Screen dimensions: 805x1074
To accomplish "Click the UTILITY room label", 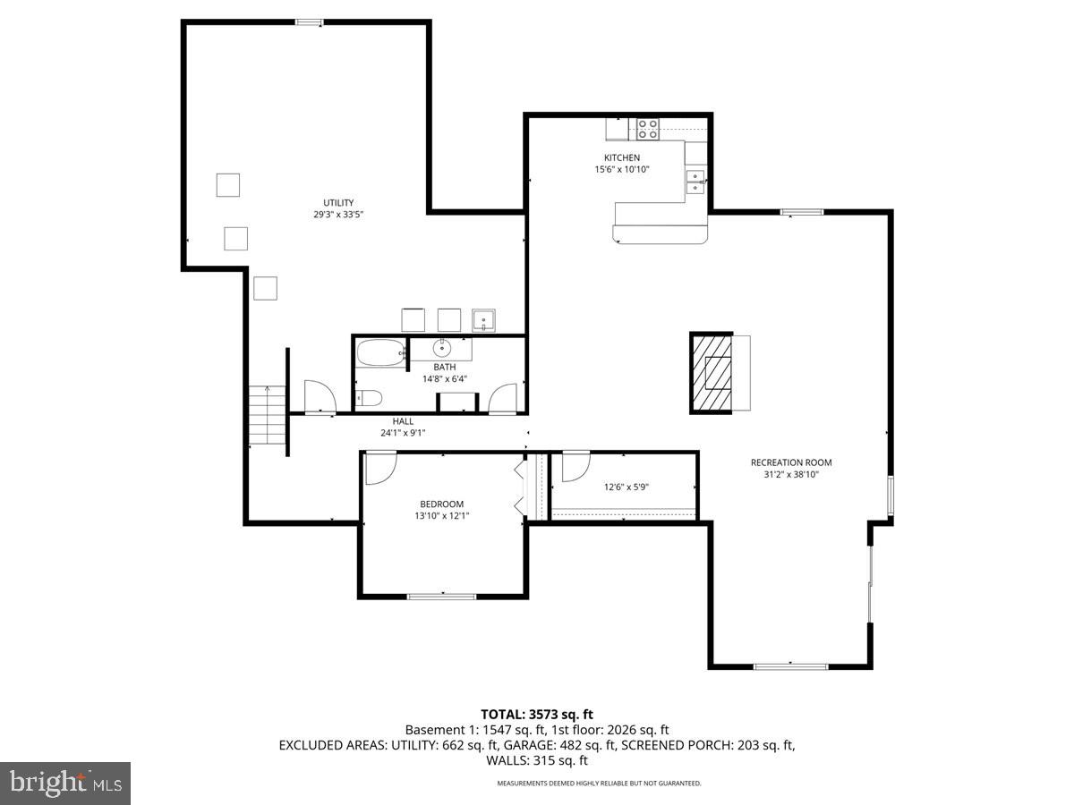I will point(338,202).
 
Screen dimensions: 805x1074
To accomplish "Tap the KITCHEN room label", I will point(621,157).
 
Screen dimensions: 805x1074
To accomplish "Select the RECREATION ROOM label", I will point(790,462).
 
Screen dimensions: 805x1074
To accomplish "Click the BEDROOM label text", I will point(442,504).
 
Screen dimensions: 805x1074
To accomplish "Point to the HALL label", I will point(402,421).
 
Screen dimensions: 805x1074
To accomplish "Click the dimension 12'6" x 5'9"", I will point(626,487).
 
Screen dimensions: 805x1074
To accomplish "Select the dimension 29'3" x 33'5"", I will point(337,215).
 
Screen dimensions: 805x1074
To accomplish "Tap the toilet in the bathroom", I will point(369,398).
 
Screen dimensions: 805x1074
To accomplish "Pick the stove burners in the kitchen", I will point(647,130).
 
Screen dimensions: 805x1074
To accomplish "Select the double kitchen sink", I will point(695,182).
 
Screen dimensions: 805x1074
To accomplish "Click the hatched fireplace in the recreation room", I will point(712,372).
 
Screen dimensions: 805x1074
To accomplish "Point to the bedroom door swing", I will point(379,468).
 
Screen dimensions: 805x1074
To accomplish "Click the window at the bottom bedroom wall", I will point(441,596).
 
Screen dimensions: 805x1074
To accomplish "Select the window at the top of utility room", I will point(309,22).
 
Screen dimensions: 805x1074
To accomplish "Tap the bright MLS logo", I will point(65,784).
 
